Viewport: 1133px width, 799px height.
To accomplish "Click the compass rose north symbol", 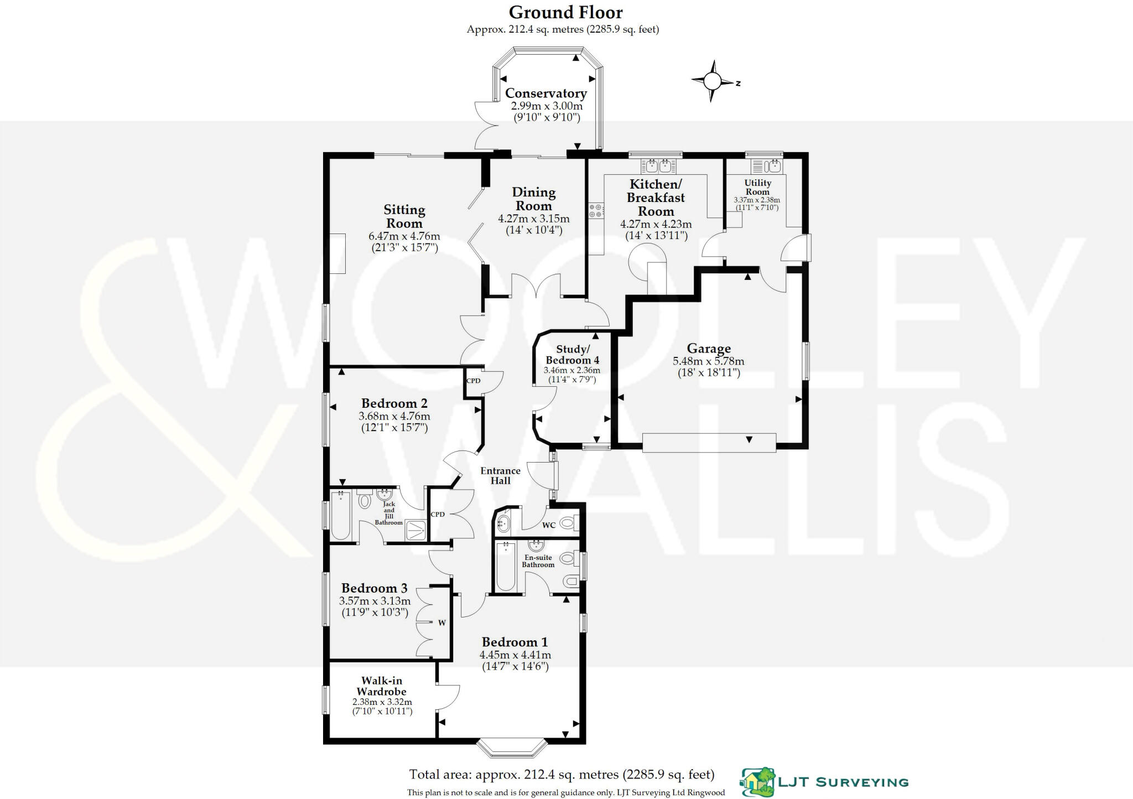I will click(713, 82).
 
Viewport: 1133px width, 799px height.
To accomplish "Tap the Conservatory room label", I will click(545, 94).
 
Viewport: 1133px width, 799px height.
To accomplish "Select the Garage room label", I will click(709, 349).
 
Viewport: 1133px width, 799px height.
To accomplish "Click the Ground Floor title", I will click(565, 12).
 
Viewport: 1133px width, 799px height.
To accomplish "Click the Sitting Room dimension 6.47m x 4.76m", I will click(404, 236).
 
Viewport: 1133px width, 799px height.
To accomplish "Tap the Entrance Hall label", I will click(500, 476).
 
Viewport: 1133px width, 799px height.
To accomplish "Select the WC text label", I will click(548, 525).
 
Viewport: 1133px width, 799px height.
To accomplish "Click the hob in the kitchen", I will click(596, 211).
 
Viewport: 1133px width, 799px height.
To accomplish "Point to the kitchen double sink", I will click(658, 165).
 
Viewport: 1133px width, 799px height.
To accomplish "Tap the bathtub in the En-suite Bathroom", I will click(506, 567).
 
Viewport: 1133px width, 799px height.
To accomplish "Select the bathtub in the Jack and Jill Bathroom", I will click(340, 515).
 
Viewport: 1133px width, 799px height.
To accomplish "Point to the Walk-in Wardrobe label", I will click(382, 686).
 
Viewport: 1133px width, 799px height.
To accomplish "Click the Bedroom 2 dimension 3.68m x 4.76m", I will click(394, 416).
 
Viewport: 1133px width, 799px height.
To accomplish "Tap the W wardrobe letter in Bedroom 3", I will click(442, 623).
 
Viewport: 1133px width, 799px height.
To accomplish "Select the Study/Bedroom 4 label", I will click(572, 355).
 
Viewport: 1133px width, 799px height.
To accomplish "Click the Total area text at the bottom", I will click(562, 774).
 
